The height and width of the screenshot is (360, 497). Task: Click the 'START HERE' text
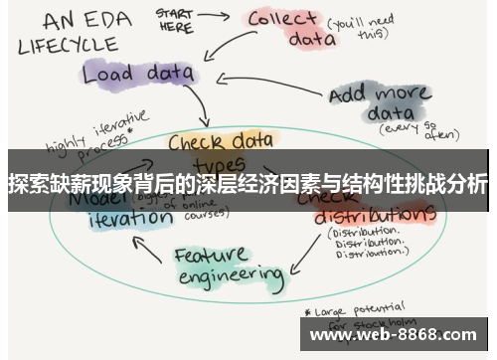[175, 20]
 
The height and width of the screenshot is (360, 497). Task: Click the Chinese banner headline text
[248, 185]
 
